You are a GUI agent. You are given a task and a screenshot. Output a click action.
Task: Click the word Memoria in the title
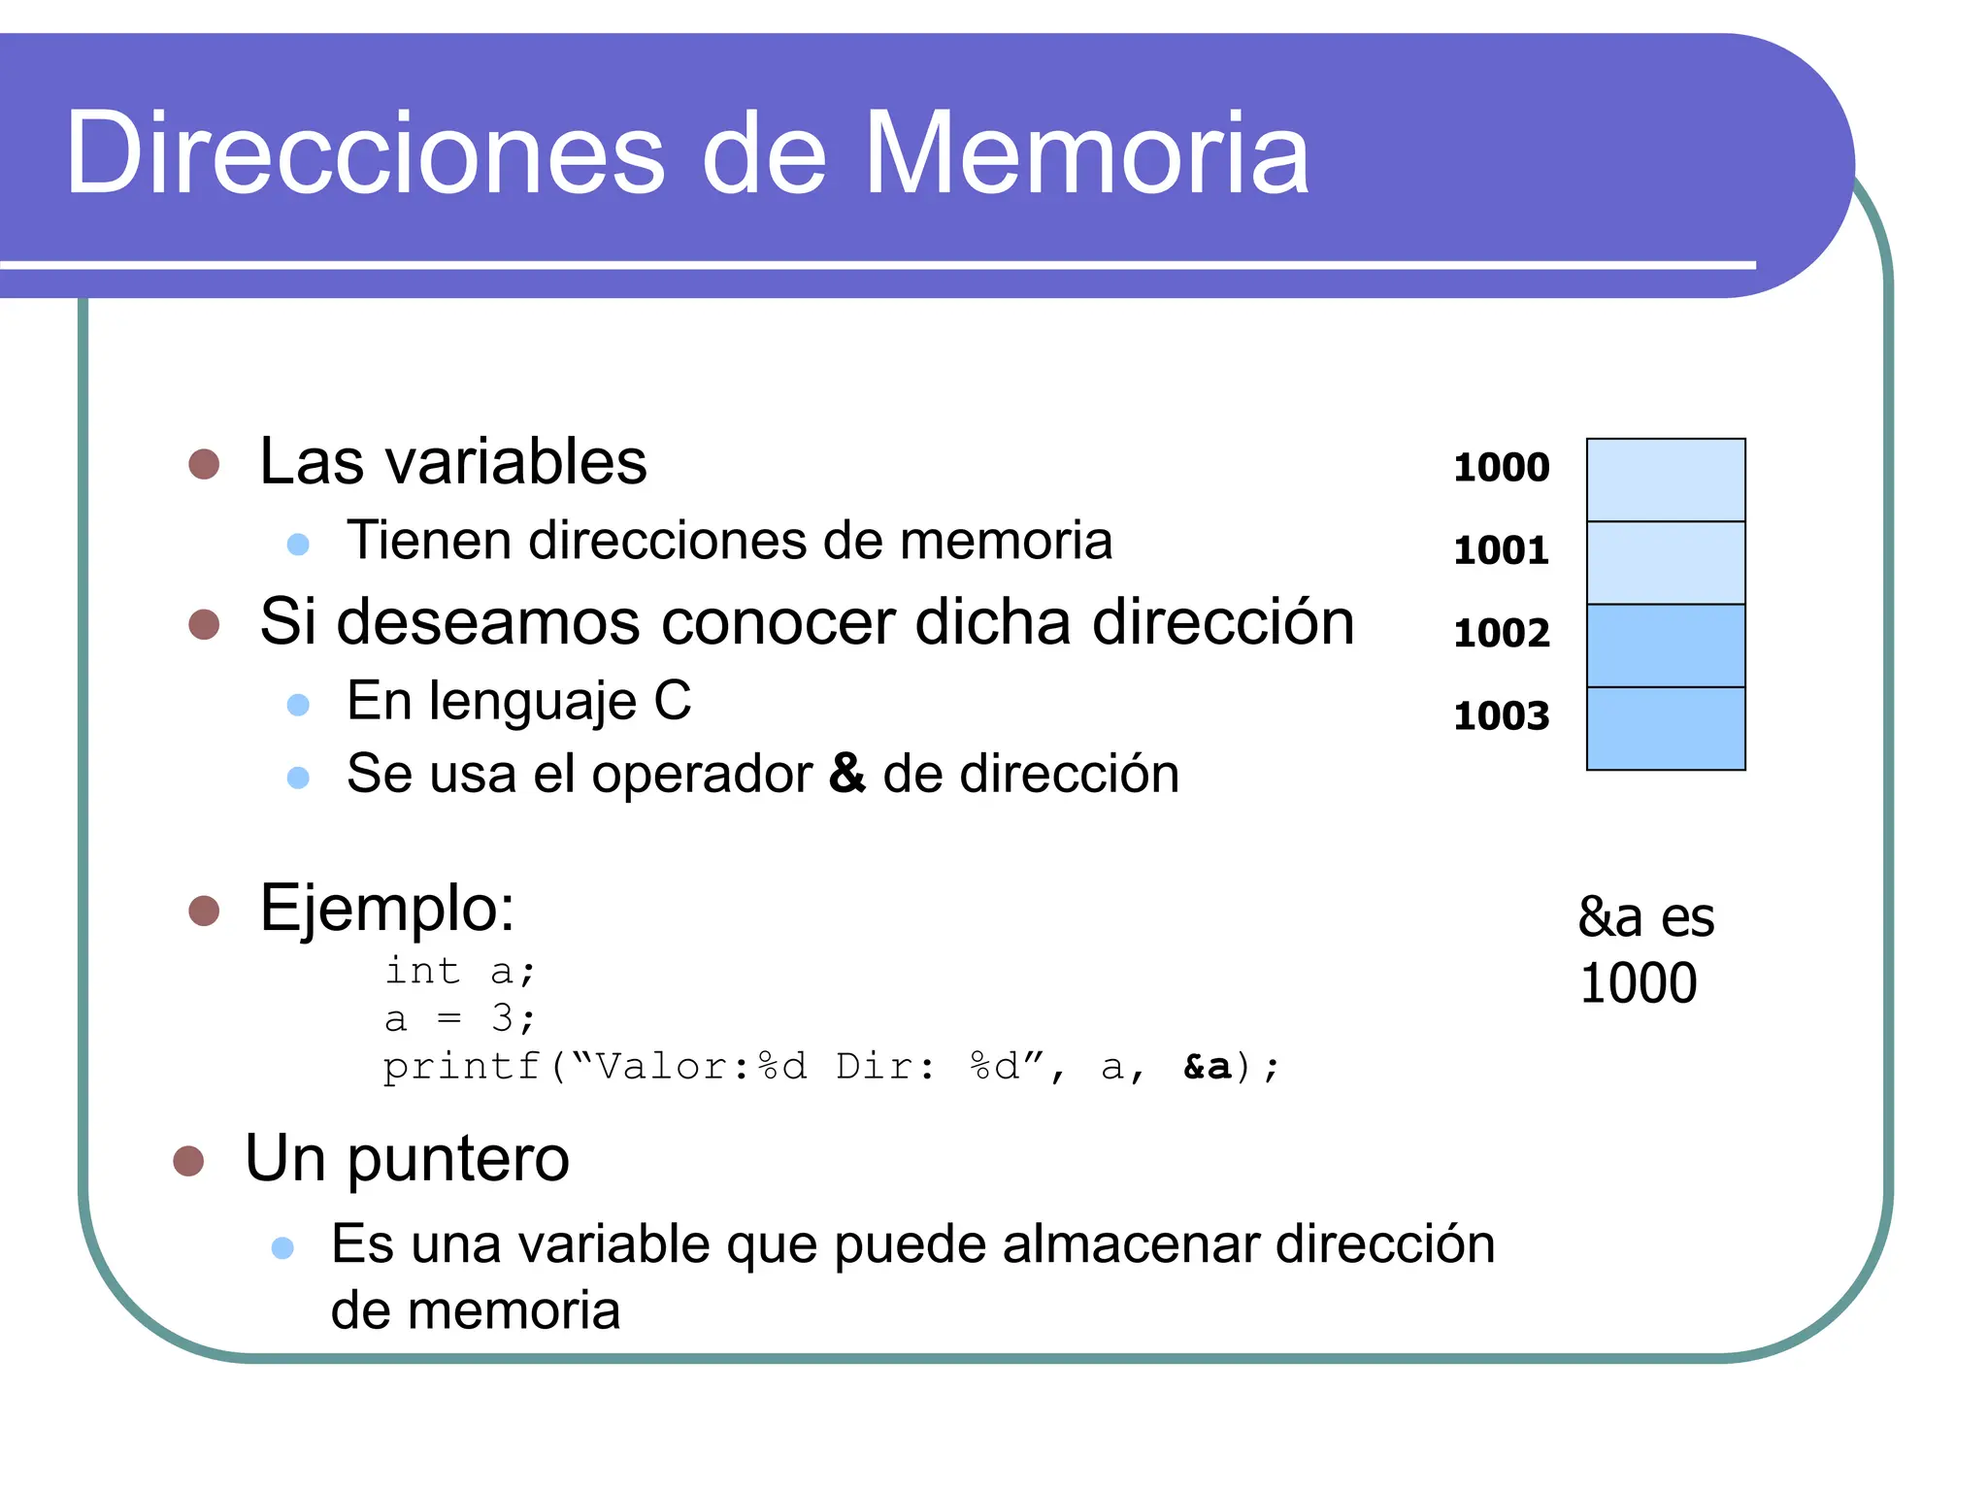coord(1086,153)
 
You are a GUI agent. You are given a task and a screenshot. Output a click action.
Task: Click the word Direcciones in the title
coord(365,153)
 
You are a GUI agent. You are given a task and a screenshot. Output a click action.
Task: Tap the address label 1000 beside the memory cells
coord(1501,468)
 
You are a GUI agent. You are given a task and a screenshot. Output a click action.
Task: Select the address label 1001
coord(1501,550)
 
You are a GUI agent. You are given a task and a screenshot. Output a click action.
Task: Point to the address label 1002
coord(1501,633)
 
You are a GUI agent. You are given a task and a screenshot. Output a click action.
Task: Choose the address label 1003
coord(1501,716)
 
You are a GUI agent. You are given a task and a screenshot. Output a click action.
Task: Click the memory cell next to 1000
coord(1665,480)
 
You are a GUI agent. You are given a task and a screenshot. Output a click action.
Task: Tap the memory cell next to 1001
coord(1665,563)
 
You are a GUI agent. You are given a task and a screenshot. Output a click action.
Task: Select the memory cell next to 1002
coord(1665,646)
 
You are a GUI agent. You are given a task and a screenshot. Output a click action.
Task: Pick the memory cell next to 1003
coord(1665,728)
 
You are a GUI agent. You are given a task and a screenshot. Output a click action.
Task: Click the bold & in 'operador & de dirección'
coord(846,774)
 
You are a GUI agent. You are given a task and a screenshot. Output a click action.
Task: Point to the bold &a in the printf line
coord(1207,1067)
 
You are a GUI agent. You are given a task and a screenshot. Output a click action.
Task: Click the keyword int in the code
coord(422,970)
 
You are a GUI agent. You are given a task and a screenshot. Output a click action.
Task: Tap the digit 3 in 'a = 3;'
coord(502,1017)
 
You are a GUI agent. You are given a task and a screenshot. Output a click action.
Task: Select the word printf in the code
coord(462,1067)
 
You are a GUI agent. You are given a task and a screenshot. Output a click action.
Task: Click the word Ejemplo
coord(386,910)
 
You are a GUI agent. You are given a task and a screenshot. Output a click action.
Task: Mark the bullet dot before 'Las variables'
coord(204,464)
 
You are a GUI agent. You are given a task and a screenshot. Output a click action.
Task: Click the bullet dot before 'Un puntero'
coord(188,1161)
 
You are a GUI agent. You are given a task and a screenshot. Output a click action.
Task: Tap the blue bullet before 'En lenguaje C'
coord(298,705)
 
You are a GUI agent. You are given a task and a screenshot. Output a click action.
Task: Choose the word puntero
coord(458,1159)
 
